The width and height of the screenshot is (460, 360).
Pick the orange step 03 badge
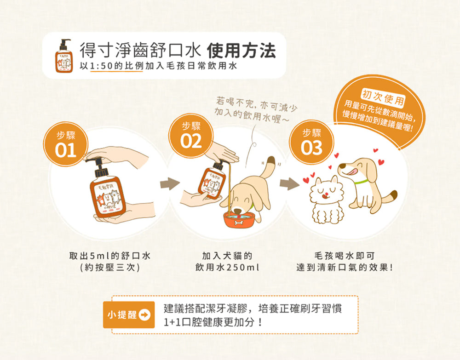point(311,142)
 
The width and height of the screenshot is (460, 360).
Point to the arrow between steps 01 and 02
point(170,185)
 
